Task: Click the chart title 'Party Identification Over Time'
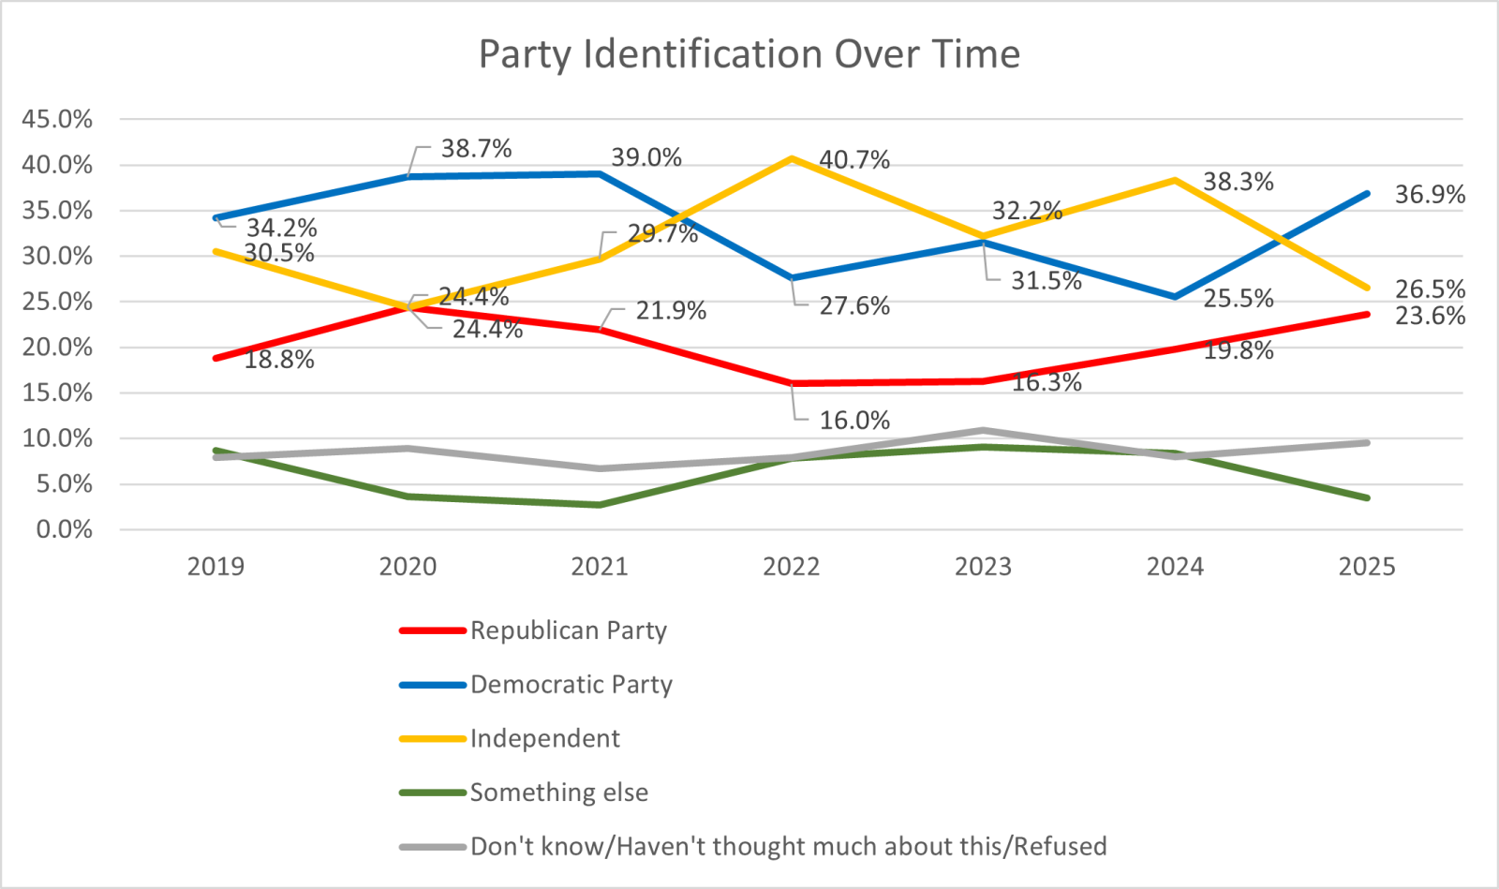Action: point(749,54)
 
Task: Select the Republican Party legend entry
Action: point(568,630)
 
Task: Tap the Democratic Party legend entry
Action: point(571,685)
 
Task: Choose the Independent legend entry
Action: point(544,739)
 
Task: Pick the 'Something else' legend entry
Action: point(558,793)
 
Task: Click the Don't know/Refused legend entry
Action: point(788,847)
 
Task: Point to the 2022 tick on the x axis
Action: point(792,567)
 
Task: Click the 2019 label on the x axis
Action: point(215,567)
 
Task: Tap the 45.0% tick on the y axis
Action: point(57,119)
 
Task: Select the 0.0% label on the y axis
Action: point(64,530)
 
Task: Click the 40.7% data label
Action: point(854,160)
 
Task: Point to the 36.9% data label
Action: point(1430,195)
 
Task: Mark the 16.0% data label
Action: point(854,421)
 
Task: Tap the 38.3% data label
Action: point(1238,182)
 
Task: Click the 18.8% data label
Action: point(279,360)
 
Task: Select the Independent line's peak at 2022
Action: point(792,158)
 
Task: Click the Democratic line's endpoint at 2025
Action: point(1367,194)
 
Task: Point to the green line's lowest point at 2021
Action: point(600,505)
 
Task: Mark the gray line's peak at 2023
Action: point(984,431)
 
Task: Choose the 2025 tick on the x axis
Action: point(1367,567)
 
